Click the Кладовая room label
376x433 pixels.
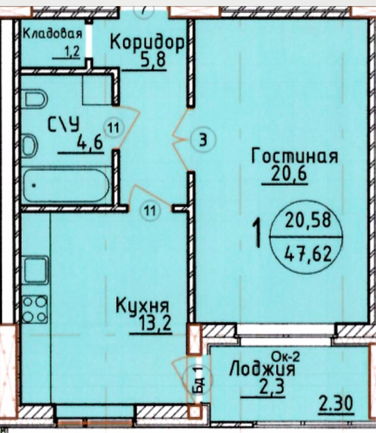coord(52,33)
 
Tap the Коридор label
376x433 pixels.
coord(147,43)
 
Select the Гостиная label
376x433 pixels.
coord(295,156)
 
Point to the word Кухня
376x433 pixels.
coord(142,306)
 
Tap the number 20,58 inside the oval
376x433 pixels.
coord(308,220)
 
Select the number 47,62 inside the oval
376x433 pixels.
coord(308,254)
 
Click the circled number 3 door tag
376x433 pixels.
coord(203,140)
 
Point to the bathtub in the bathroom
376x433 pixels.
coord(66,186)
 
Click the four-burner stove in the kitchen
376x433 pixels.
coord(35,309)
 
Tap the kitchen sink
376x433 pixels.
coord(35,270)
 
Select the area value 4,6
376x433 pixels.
coord(90,142)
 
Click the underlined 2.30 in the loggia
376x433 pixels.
coord(336,403)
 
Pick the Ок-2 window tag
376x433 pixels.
coord(286,357)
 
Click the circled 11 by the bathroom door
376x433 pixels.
coord(113,128)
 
